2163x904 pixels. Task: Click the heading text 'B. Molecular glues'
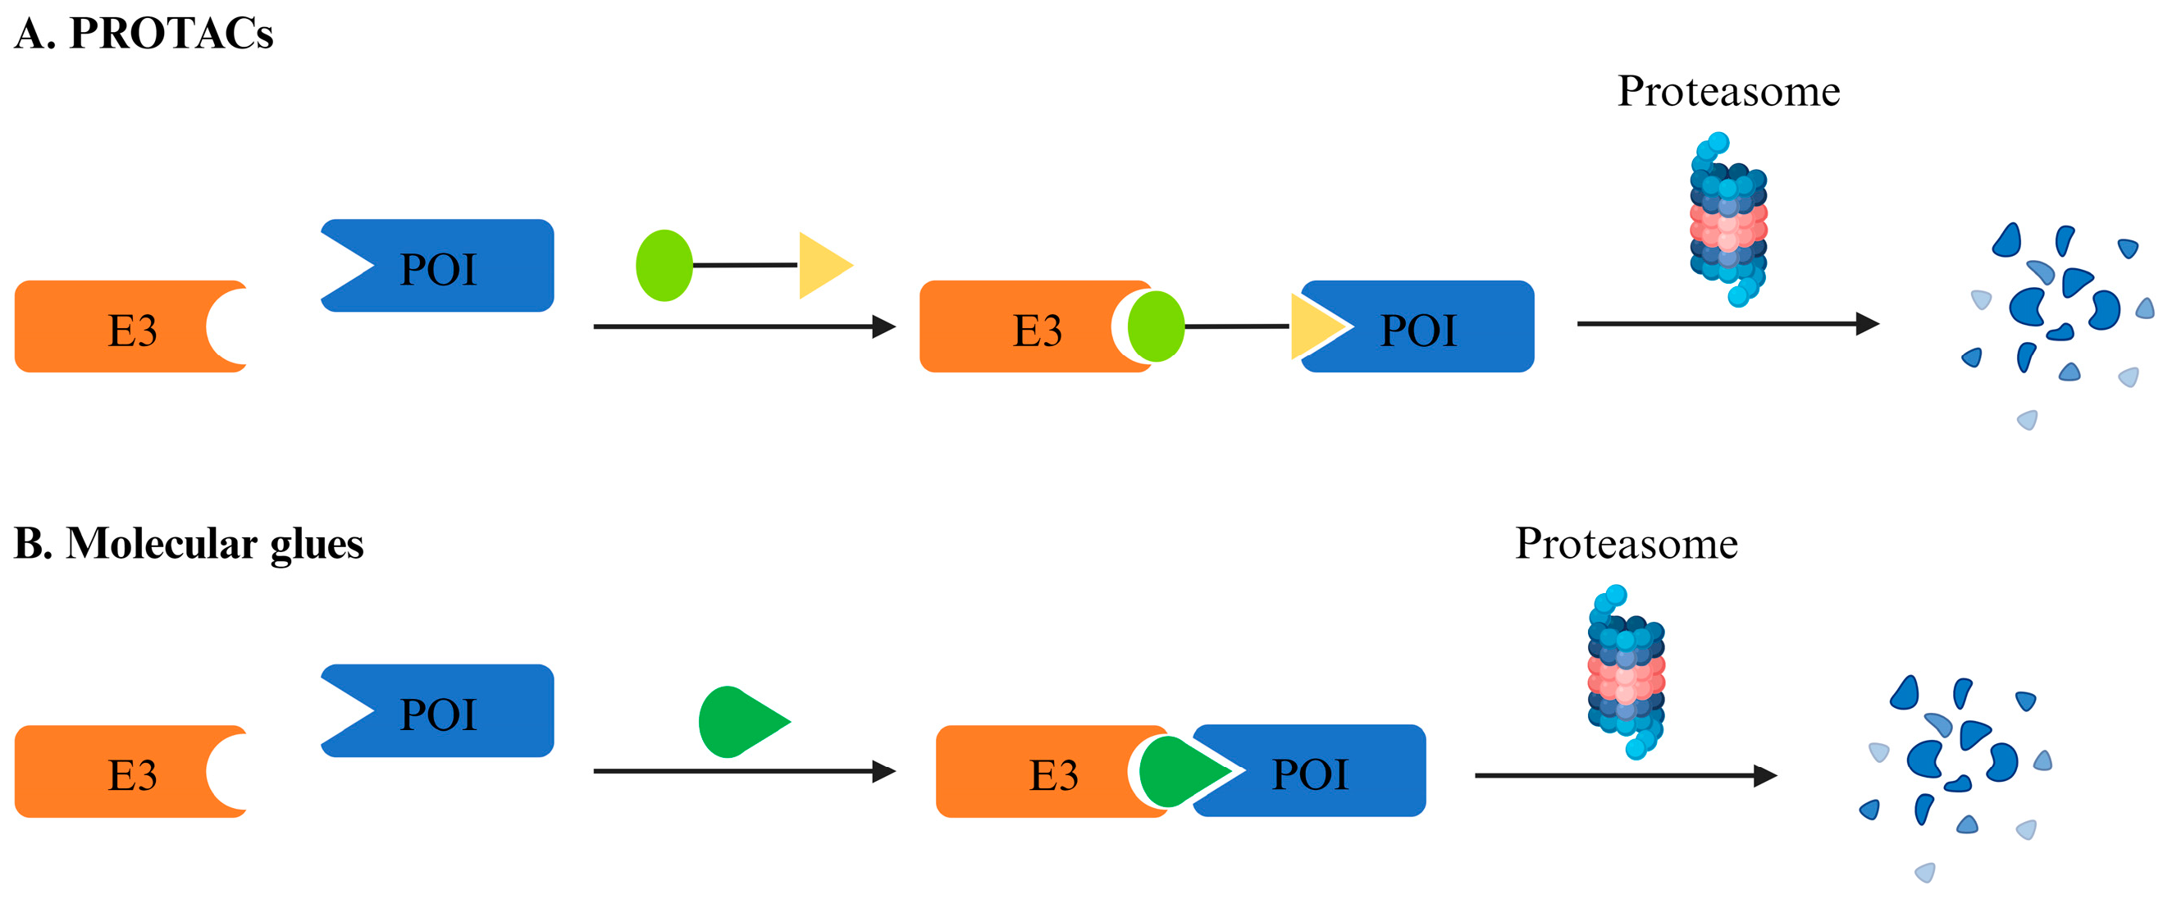(x=189, y=543)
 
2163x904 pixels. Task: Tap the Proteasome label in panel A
(x=1728, y=91)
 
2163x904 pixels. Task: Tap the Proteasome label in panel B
(x=1626, y=544)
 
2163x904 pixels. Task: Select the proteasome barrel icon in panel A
(x=1728, y=221)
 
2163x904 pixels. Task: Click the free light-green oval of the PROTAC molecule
(x=664, y=265)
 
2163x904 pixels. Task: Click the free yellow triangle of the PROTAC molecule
(x=821, y=265)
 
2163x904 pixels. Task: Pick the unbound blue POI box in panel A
(x=454, y=266)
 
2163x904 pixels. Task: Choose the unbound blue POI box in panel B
(x=454, y=711)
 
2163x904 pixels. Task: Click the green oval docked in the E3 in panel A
(x=1156, y=326)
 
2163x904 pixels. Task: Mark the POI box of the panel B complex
(x=1326, y=771)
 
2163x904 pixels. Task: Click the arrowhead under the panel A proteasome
(x=1866, y=323)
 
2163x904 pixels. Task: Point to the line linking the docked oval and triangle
(x=1236, y=326)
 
